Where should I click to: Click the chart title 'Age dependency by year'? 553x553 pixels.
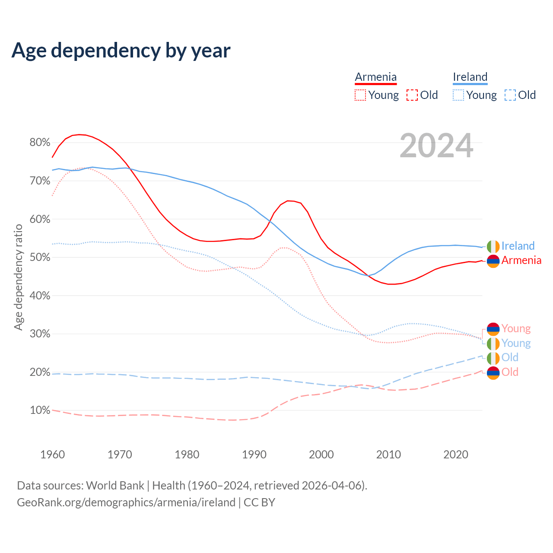point(121,51)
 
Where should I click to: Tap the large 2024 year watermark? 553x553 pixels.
point(436,146)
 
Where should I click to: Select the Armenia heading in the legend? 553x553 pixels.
point(375,77)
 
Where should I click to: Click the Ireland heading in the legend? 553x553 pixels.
point(470,77)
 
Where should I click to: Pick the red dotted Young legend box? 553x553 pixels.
point(360,95)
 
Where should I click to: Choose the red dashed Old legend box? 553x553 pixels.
point(412,95)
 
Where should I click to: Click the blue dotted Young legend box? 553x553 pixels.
point(458,95)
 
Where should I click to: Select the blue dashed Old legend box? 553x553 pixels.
point(510,95)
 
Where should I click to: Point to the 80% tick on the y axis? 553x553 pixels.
point(40,143)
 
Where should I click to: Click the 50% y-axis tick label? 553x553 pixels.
point(40,257)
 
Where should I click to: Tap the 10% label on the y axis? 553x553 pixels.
point(40,410)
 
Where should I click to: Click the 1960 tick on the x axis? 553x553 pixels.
point(52,454)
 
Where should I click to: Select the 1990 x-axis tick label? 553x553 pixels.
point(254,454)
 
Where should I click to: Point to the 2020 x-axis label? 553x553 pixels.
point(456,454)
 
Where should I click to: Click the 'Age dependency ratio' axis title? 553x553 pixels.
point(18,277)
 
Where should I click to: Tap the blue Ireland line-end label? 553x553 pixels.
point(518,246)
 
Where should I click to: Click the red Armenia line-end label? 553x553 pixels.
point(521,261)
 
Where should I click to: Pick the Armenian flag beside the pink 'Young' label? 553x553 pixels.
point(493,329)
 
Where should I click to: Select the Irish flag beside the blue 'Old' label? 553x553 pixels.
point(493,358)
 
